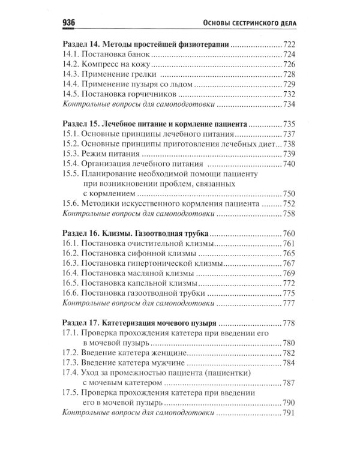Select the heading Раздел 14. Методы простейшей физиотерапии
click(x=146, y=45)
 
